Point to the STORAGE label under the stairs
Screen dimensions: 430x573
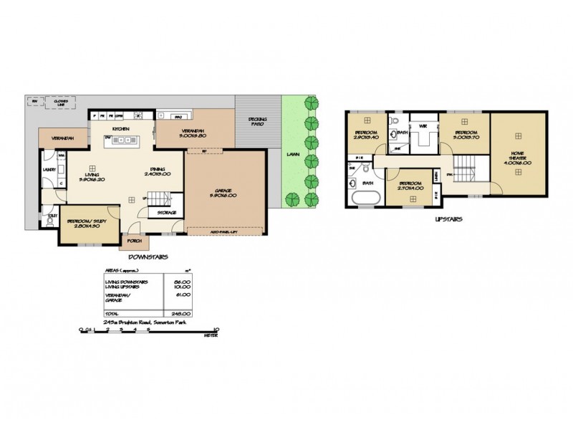coord(167,213)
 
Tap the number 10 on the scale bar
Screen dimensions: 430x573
coord(216,330)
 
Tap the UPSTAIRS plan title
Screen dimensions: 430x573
coord(448,219)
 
